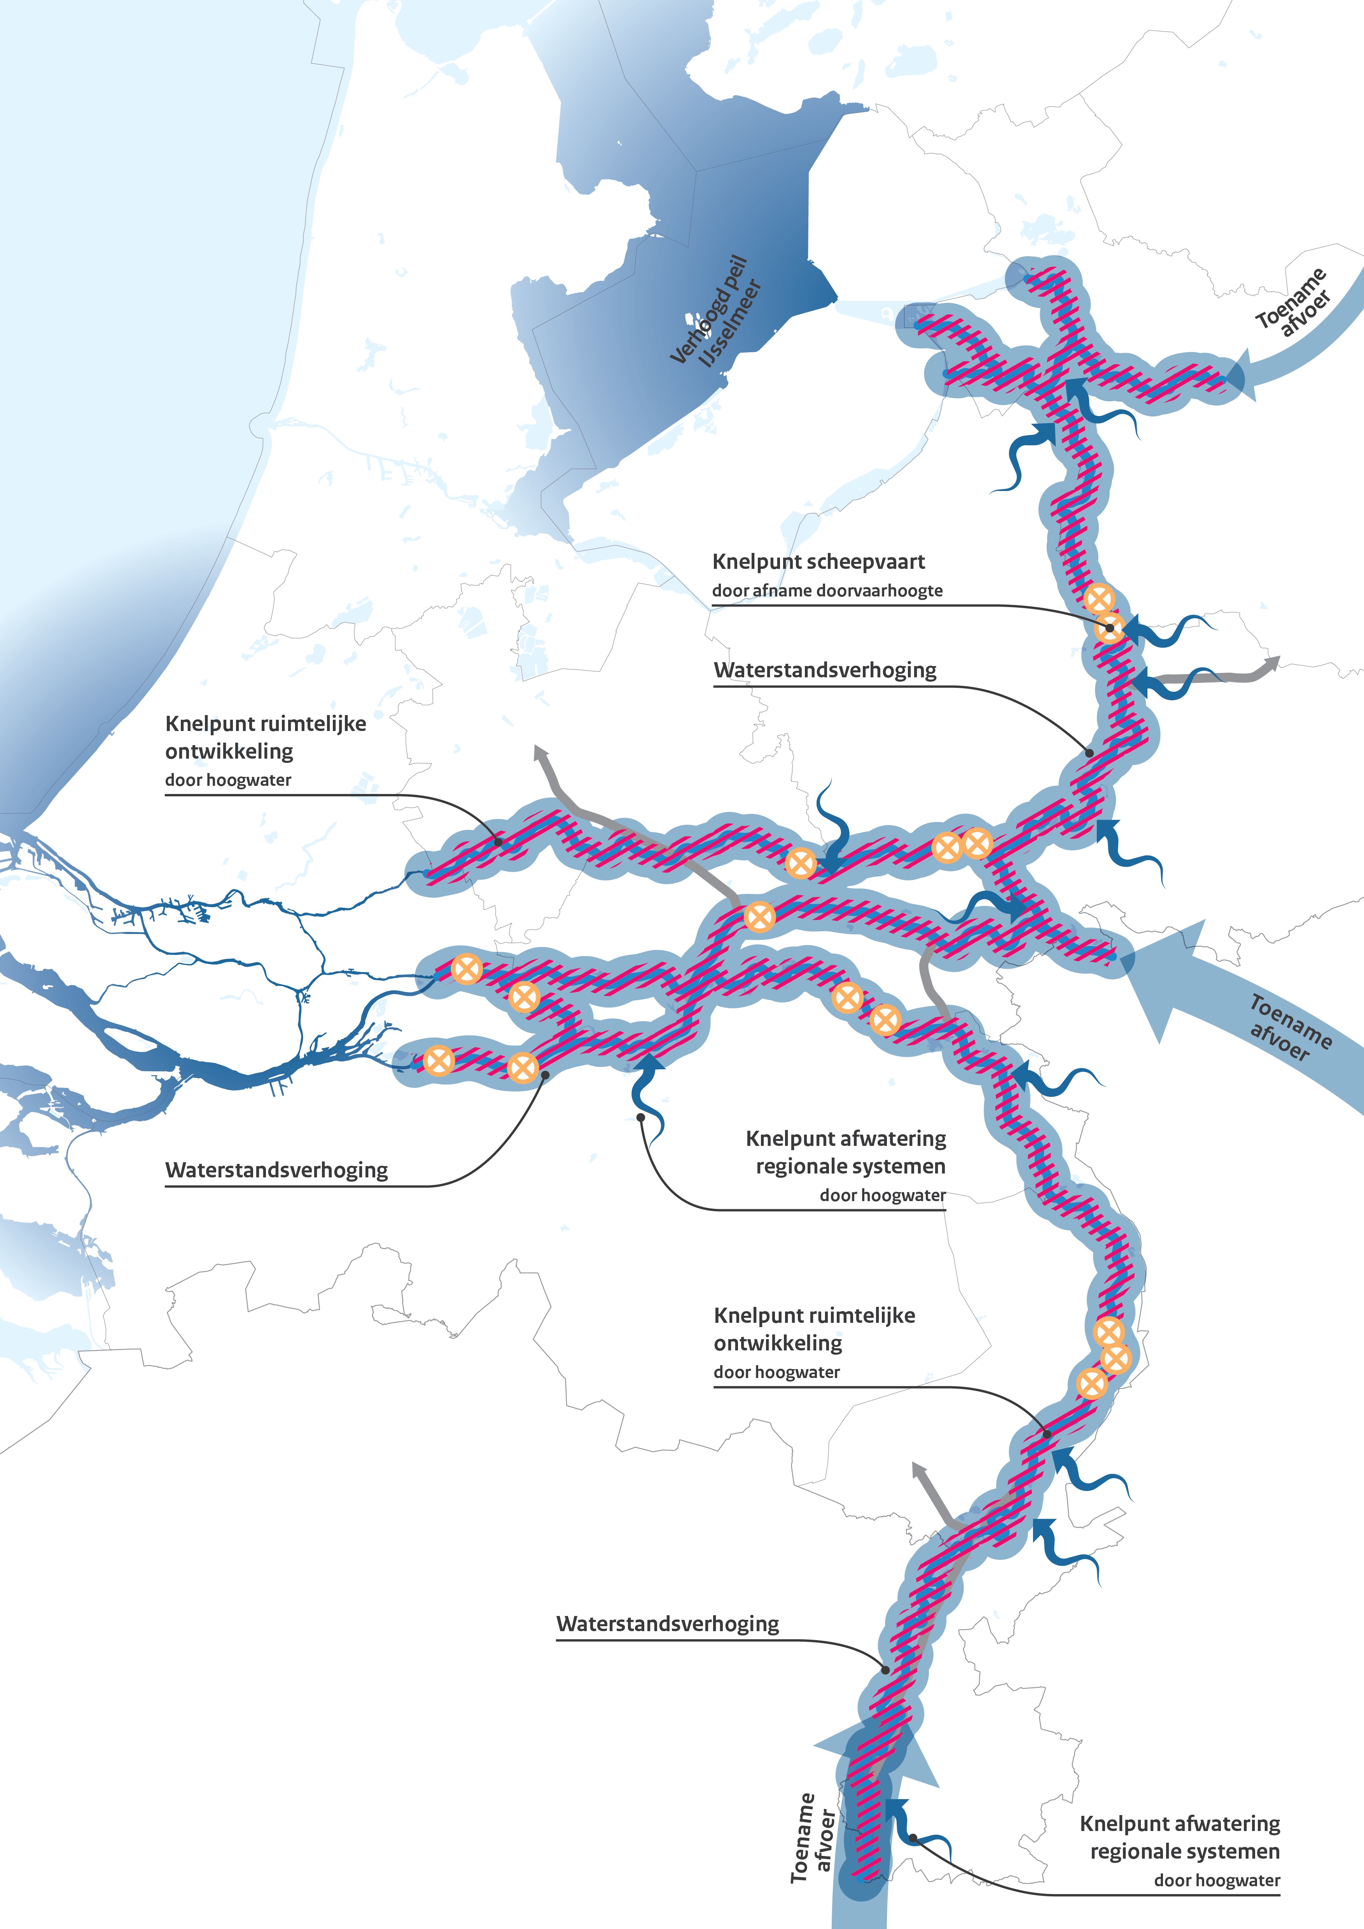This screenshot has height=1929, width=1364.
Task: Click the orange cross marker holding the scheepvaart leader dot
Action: [1109, 628]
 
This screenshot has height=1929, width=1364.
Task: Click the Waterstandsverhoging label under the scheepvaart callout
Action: [825, 670]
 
